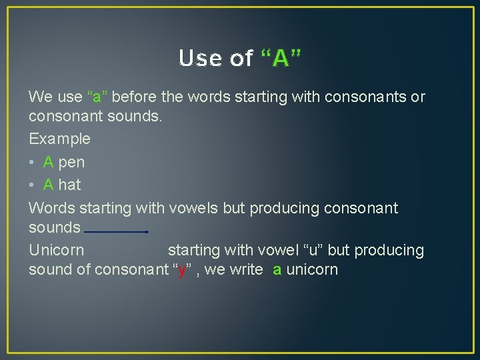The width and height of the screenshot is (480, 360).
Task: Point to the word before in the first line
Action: [x=135, y=97]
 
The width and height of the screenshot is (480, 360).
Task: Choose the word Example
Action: [x=59, y=139]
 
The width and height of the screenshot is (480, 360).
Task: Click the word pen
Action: [x=71, y=162]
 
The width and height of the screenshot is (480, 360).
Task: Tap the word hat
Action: [x=69, y=185]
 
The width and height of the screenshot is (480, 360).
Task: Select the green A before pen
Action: [x=49, y=162]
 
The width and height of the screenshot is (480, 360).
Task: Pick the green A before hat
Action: [x=49, y=185]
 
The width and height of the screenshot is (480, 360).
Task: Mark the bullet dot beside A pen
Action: [x=32, y=162]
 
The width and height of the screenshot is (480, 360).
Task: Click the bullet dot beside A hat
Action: [x=32, y=185]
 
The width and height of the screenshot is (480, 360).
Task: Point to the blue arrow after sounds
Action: [x=117, y=232]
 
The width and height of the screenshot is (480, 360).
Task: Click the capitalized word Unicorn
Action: [x=57, y=251]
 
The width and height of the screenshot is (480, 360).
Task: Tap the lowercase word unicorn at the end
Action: [x=312, y=270]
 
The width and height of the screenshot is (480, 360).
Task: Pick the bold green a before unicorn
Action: [x=277, y=270]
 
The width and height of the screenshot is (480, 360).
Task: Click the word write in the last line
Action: [x=246, y=270]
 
